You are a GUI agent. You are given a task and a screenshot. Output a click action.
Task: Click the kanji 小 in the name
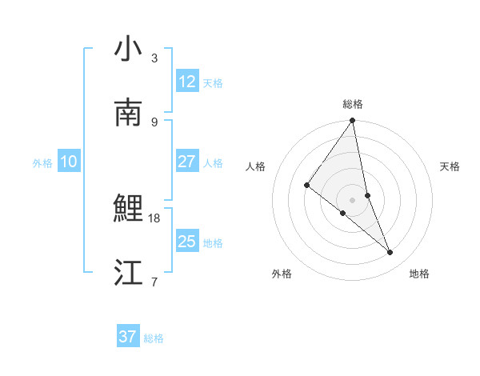click(128, 50)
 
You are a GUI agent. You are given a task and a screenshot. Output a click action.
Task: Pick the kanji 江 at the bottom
click(128, 273)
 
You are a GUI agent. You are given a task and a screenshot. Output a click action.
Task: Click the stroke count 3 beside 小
click(154, 58)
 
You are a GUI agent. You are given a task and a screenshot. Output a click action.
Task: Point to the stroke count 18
click(154, 218)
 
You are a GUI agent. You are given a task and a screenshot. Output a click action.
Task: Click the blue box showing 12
click(186, 82)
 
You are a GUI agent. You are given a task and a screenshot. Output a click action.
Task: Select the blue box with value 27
click(186, 162)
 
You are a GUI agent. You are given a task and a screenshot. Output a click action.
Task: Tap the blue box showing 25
click(186, 242)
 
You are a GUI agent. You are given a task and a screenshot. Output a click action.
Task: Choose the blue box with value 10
click(69, 162)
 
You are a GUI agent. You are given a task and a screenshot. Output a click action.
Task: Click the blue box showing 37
click(127, 337)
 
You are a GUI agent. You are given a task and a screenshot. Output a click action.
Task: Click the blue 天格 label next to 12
click(213, 83)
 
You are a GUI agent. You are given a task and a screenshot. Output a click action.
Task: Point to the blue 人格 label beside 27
click(213, 163)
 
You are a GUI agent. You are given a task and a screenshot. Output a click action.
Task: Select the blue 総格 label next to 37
click(154, 338)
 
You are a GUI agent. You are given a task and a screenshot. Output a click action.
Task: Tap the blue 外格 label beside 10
click(42, 163)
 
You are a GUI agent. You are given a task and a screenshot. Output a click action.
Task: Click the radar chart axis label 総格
click(353, 104)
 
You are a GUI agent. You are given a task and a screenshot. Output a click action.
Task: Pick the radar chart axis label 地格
click(419, 274)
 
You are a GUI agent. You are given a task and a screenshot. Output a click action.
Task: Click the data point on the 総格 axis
click(353, 122)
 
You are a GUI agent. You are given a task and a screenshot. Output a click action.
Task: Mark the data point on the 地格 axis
click(390, 252)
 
